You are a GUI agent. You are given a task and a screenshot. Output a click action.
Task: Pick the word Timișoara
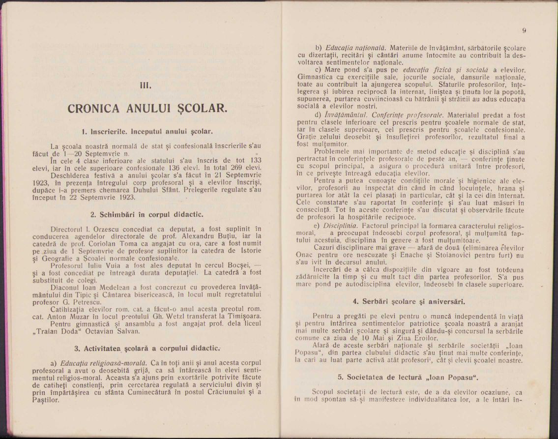pyautogui.click(x=244, y=309)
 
